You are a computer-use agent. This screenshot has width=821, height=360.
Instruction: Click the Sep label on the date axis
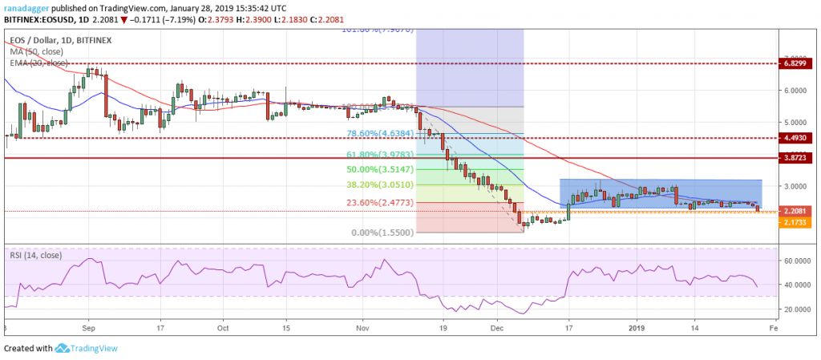(x=88, y=328)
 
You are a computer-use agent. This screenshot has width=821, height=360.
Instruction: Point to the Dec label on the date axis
(x=497, y=328)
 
